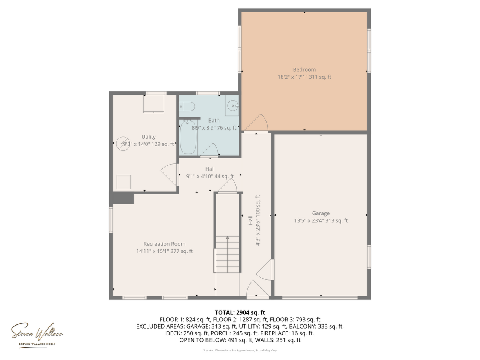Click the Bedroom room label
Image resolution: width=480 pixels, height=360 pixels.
(x=304, y=69)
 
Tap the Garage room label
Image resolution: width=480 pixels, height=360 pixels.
(x=321, y=213)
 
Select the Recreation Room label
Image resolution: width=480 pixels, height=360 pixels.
(x=164, y=244)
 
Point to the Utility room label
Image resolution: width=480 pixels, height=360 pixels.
(x=148, y=137)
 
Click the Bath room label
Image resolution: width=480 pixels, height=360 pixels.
(x=214, y=120)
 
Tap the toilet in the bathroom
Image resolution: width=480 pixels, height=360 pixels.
(x=187, y=106)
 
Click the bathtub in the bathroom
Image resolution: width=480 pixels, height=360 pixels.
(x=188, y=137)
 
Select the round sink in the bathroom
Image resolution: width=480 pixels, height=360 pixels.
(x=232, y=106)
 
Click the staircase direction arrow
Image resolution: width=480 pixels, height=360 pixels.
(x=227, y=254)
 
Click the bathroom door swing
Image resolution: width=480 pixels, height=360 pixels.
(x=209, y=150)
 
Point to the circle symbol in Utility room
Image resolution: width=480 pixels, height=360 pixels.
(x=123, y=144)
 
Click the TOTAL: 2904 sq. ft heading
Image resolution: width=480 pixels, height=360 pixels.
(x=240, y=312)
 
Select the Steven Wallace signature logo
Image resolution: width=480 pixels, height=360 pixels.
(x=37, y=334)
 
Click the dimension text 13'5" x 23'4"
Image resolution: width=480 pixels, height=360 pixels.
(x=309, y=220)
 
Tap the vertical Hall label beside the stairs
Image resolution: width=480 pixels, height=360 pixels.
(x=250, y=220)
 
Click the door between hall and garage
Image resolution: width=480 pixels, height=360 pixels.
(x=265, y=270)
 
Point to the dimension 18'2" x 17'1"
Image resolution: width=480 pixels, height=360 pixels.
(x=292, y=77)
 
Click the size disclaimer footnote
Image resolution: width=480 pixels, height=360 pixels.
(x=240, y=350)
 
